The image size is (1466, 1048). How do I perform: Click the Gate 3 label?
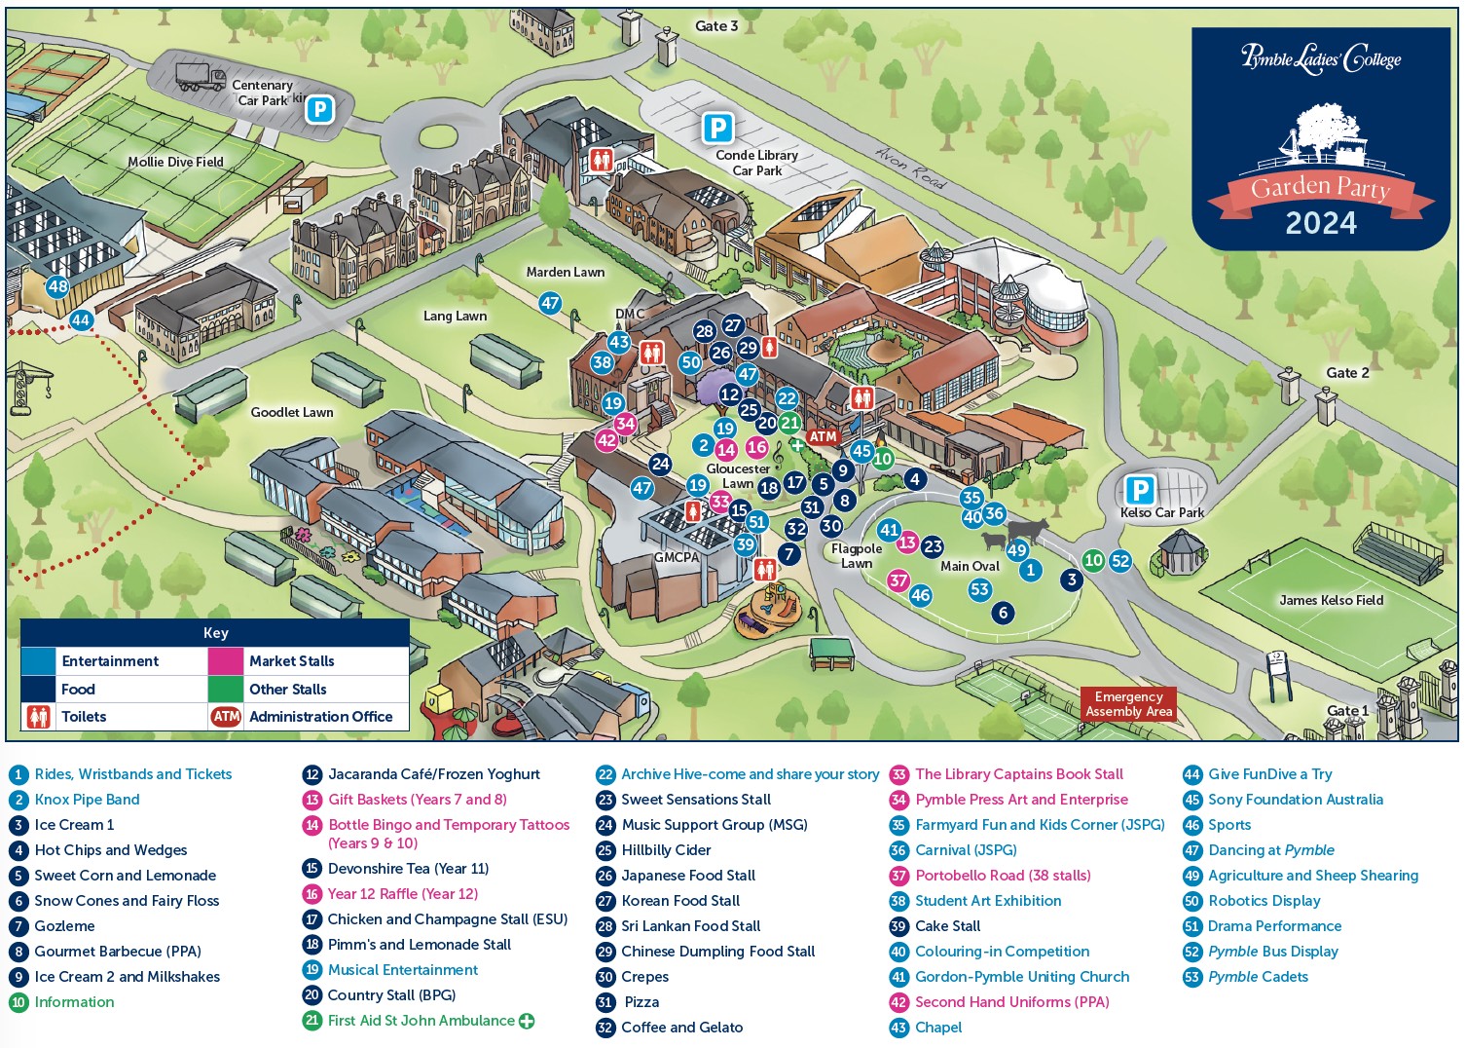pos(716,26)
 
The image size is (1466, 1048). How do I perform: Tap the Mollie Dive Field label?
pos(175,162)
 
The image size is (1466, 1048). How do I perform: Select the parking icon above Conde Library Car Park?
pos(718,128)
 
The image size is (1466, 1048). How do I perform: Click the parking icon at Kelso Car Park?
pos(1140,489)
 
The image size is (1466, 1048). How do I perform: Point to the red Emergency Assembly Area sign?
pos(1128,704)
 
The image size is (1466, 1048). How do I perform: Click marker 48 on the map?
pos(57,286)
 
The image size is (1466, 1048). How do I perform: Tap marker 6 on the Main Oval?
pos(1003,613)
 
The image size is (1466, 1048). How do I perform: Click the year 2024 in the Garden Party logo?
pos(1321,223)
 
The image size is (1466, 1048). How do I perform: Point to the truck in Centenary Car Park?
pos(201,77)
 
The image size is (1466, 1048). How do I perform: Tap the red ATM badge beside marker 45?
pos(823,436)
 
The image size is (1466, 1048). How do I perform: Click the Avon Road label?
pos(910,167)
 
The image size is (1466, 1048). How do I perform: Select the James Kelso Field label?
pos(1332,600)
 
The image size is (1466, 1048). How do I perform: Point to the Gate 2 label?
pos(1347,373)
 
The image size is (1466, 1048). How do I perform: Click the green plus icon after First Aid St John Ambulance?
pos(527,1021)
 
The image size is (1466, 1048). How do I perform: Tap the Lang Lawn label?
pos(455,316)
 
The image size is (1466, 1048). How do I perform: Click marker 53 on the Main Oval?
pos(979,589)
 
